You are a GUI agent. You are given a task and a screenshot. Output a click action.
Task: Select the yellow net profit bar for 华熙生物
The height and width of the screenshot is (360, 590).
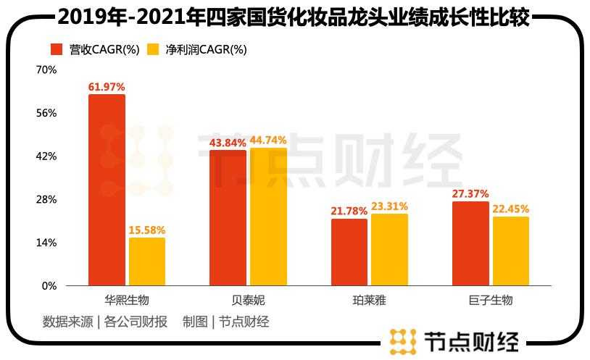pos(147,261)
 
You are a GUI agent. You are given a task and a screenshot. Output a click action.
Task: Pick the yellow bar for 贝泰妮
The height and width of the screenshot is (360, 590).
pos(268,217)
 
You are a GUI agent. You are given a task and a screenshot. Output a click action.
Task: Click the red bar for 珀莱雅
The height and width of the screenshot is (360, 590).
pos(349,252)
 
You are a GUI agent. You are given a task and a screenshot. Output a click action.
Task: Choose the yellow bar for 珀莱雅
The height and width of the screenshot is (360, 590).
pos(390,249)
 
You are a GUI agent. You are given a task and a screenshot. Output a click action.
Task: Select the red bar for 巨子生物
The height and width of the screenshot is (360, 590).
pos(470,243)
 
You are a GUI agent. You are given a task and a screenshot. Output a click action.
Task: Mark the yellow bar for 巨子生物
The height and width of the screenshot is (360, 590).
pos(511,251)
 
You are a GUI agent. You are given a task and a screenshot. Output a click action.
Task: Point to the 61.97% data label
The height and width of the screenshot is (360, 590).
pos(107,87)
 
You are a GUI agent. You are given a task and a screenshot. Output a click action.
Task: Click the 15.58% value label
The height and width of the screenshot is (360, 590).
pos(147,230)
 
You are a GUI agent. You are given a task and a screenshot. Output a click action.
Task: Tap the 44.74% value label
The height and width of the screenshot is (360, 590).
pos(268,140)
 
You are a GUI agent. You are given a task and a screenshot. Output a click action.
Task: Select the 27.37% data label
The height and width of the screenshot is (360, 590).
pos(470,194)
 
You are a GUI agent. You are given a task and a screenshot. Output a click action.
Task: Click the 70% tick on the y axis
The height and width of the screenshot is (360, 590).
pos(46,70)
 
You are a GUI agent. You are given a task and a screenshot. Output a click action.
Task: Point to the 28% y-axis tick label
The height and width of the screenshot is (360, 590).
pos(46,199)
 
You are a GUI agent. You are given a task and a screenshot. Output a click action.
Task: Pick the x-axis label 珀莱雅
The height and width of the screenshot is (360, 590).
pos(370,300)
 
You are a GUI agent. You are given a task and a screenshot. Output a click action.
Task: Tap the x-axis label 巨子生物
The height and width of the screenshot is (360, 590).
pos(491,300)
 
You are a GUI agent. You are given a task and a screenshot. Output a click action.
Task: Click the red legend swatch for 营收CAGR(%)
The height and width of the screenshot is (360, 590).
pos(57,49)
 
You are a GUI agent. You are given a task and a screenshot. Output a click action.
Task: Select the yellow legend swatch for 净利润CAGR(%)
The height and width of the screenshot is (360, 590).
pos(153,49)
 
